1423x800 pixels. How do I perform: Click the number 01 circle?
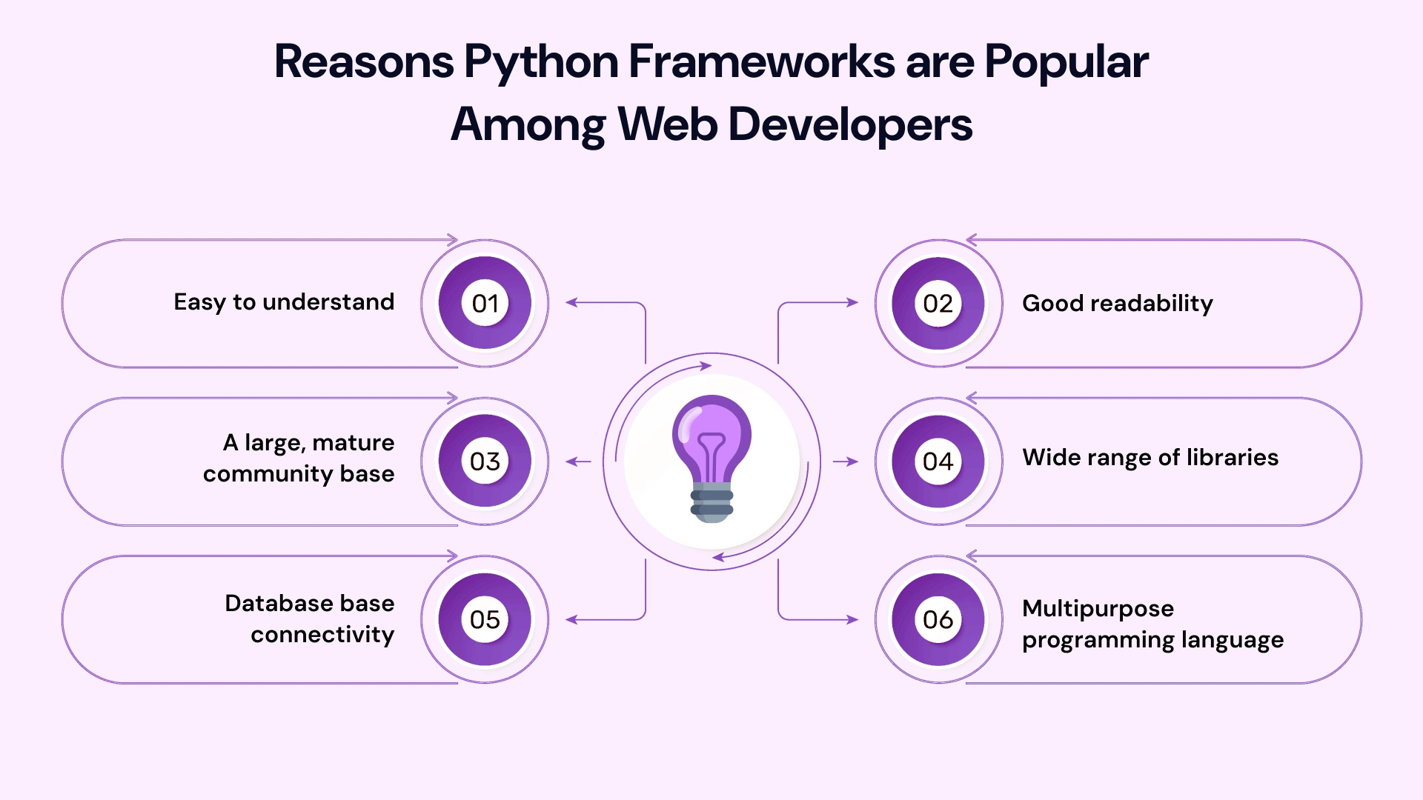tap(485, 303)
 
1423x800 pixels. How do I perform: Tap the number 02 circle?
tap(938, 303)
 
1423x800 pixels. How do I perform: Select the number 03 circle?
tap(485, 461)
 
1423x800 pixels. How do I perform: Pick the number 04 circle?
tap(938, 461)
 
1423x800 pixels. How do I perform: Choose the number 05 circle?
tap(485, 619)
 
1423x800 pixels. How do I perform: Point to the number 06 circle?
tap(938, 619)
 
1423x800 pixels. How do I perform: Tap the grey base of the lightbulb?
tap(711, 504)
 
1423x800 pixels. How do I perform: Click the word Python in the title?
tap(541, 61)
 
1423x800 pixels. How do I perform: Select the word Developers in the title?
tap(850, 124)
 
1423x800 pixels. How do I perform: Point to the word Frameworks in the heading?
tap(762, 61)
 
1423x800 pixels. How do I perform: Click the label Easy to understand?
tap(284, 302)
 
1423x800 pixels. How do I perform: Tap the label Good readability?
tap(1117, 303)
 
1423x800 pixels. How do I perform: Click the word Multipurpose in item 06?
tap(1098, 609)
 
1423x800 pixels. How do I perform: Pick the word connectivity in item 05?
tap(322, 635)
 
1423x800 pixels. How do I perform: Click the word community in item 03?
tap(268, 474)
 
